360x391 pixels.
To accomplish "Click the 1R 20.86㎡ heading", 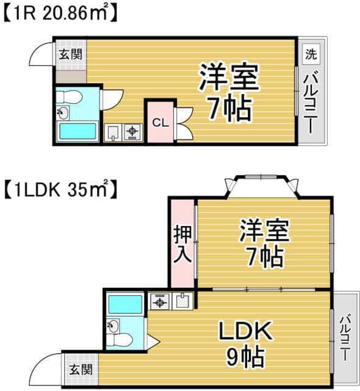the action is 60,13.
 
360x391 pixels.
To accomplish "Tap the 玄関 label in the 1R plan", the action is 70,54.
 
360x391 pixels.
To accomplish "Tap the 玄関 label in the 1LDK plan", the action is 81,369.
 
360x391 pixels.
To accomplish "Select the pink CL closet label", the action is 160,122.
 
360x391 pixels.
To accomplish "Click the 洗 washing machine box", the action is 311,54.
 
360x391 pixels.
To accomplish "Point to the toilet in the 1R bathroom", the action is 69,97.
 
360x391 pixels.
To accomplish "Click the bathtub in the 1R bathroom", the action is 77,131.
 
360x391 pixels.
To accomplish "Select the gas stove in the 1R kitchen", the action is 132,132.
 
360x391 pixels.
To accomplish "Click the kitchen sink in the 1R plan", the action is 113,132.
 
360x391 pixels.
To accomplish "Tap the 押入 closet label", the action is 182,244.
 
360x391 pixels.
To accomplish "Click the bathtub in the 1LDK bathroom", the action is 125,304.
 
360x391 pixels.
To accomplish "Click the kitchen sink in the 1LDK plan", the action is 182,301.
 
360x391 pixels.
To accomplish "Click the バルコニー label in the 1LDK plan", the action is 345,338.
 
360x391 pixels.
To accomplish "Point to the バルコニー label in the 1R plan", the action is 311,103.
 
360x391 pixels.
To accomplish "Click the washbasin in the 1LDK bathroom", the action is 113,326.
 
